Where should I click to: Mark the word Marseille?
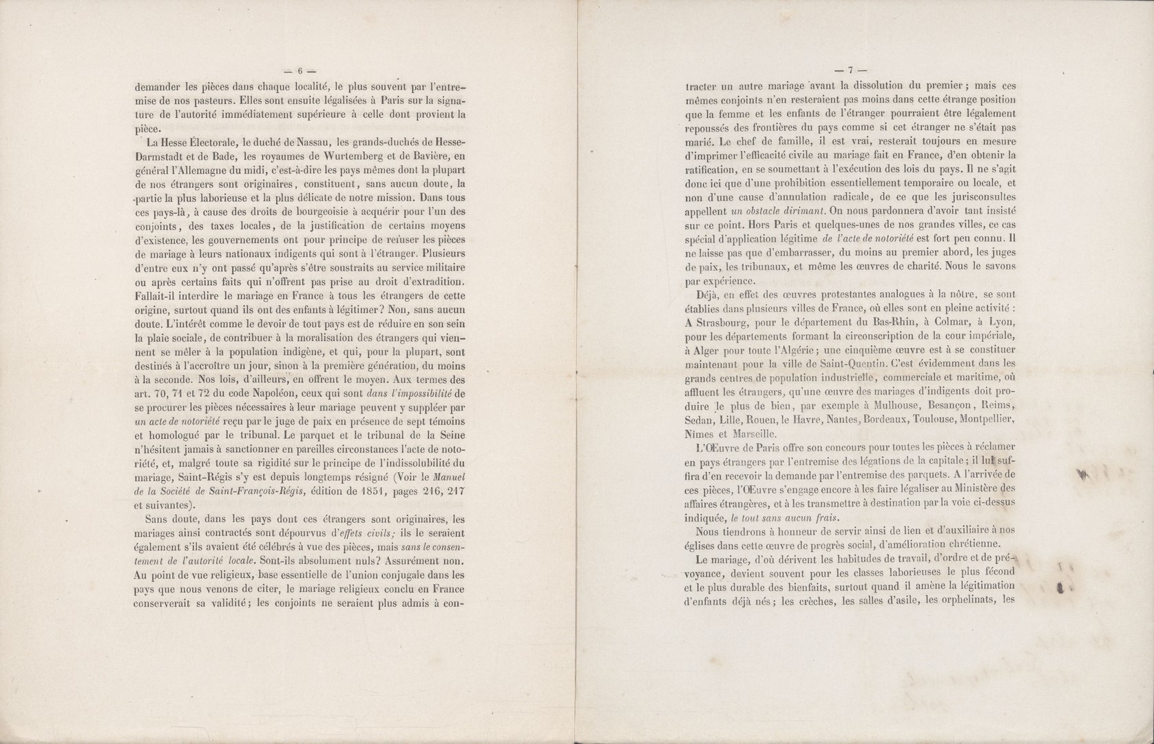[x=755, y=434]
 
